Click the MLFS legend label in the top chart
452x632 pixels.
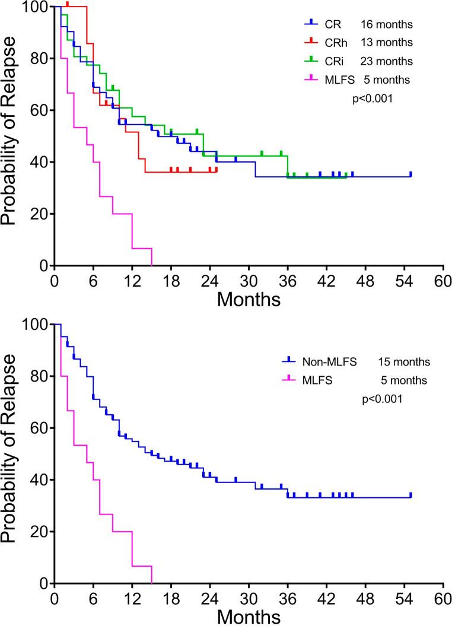point(339,78)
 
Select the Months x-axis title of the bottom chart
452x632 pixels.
point(249,617)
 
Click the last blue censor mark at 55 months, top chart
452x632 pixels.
point(410,174)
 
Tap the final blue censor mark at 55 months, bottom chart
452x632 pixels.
point(410,495)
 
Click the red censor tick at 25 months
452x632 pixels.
point(217,169)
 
